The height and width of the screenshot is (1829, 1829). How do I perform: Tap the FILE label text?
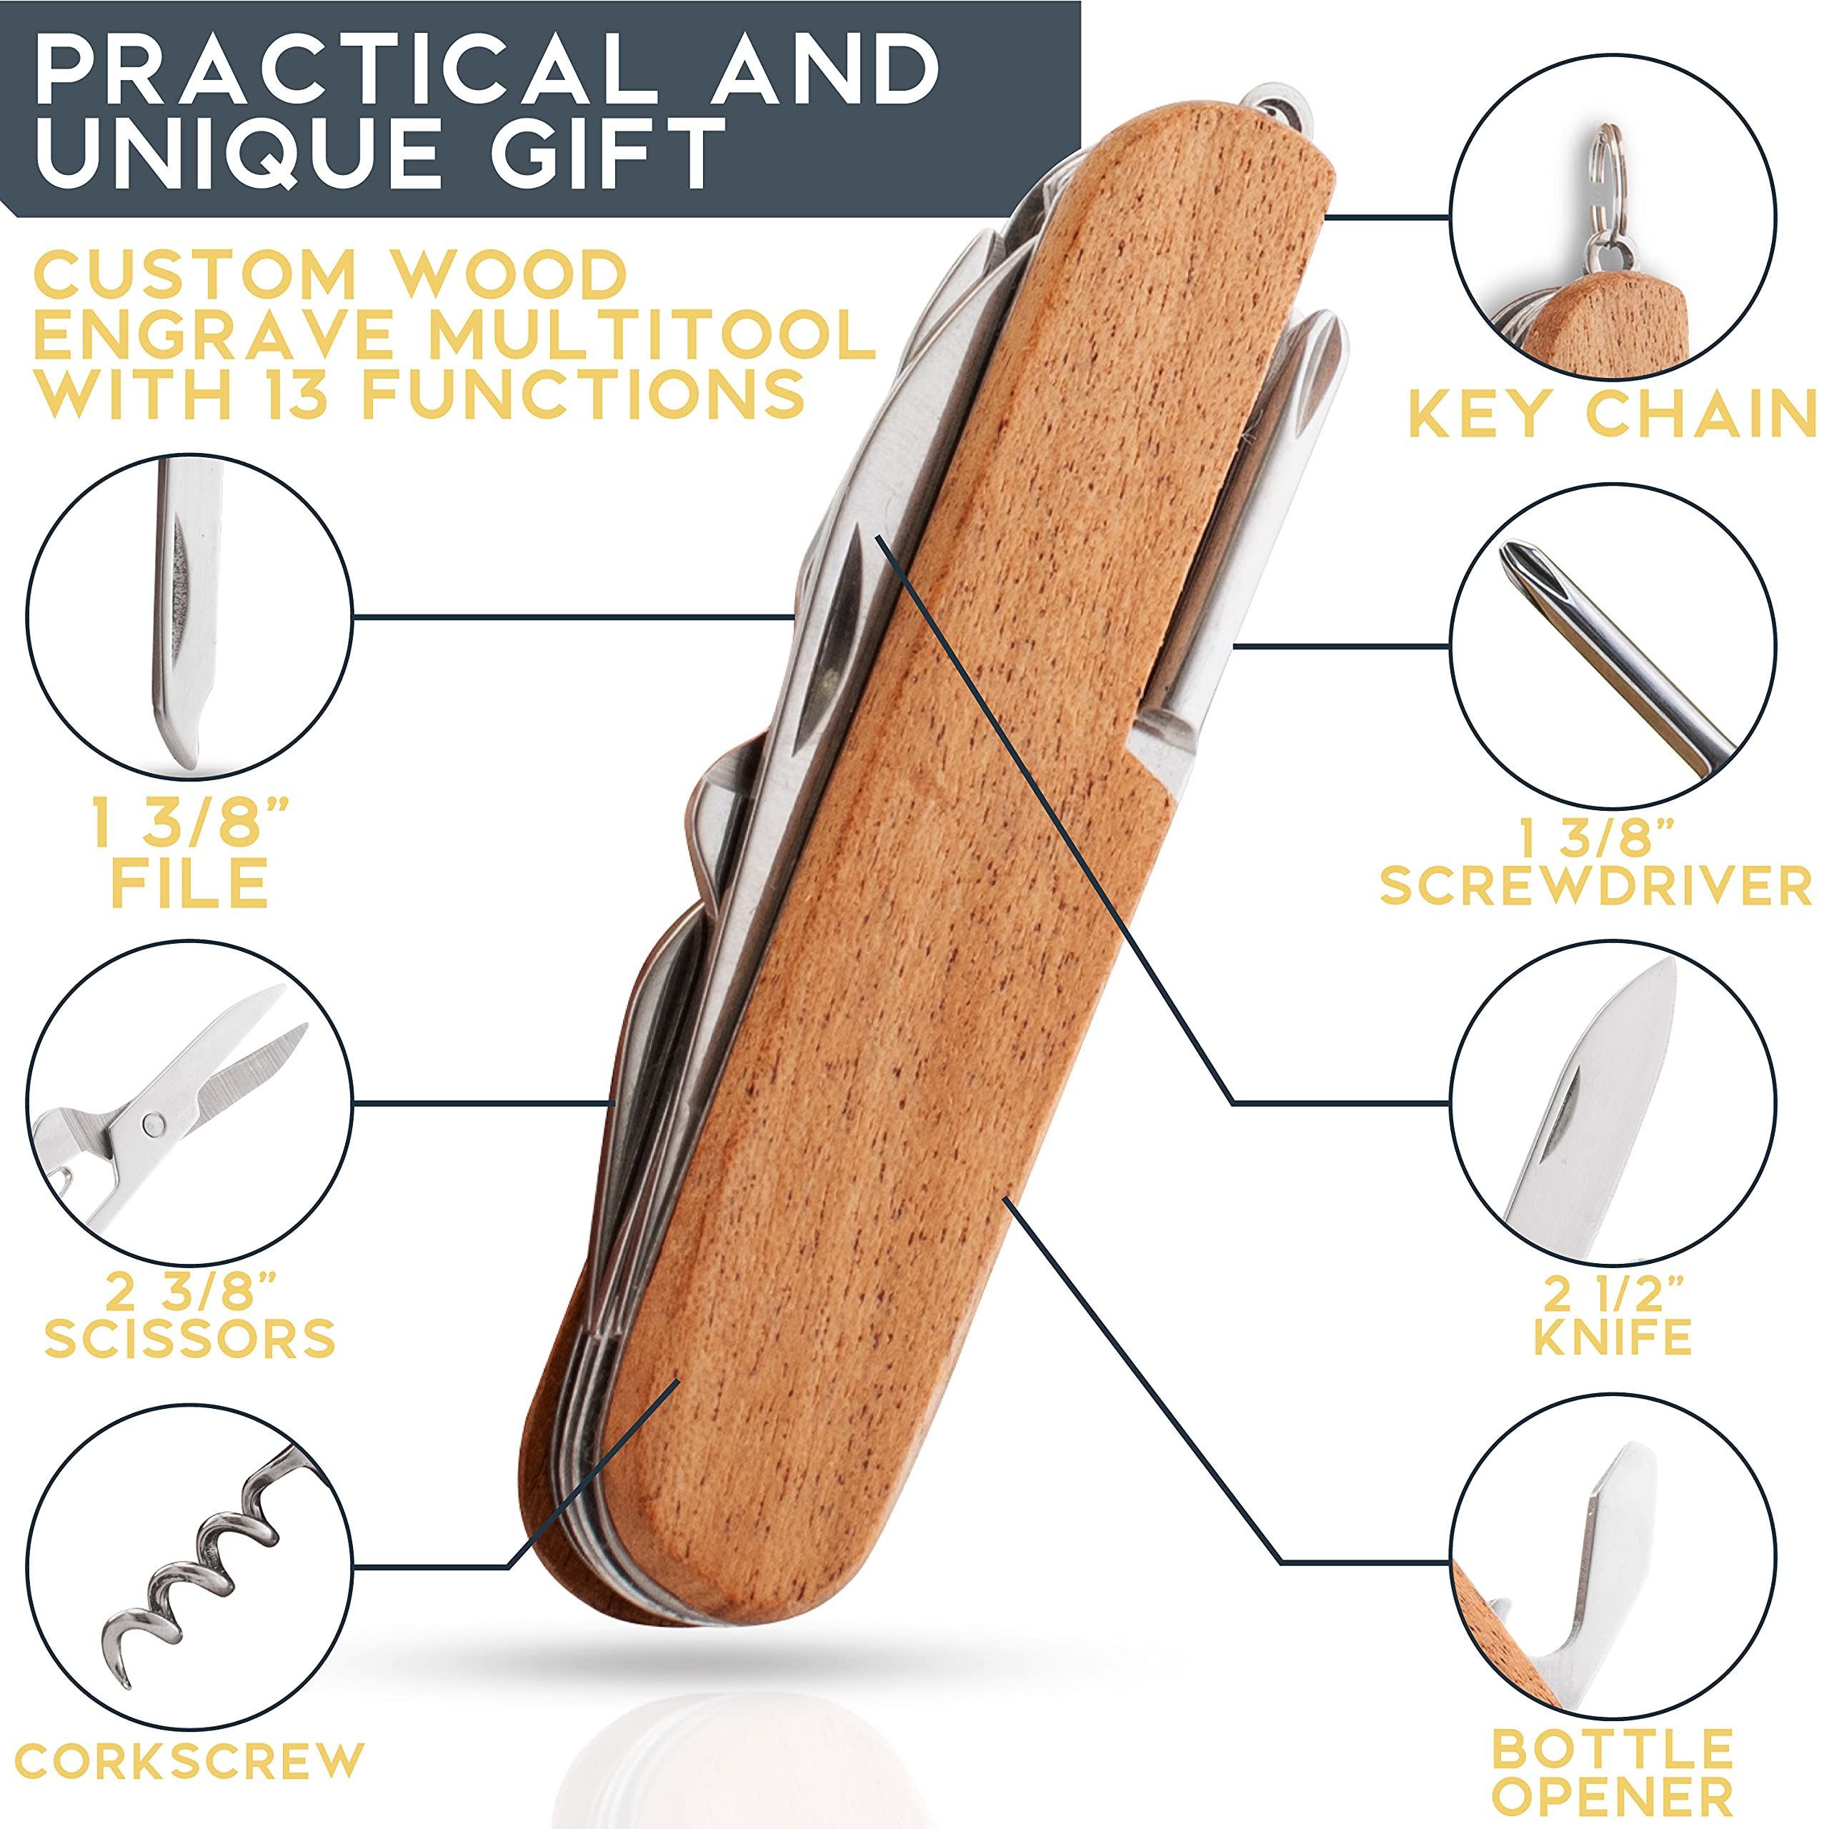[x=190, y=882]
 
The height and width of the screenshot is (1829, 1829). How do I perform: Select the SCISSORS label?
[x=190, y=1339]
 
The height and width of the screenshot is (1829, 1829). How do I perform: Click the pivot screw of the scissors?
[x=152, y=1124]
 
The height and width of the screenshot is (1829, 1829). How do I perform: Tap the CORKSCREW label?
[x=189, y=1761]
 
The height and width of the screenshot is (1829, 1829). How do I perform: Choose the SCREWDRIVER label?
[x=1596, y=886]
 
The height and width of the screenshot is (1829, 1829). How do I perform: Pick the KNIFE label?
[x=1613, y=1337]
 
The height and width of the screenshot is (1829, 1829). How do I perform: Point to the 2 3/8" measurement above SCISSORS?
[x=190, y=1290]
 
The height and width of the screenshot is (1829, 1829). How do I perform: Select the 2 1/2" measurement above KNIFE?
[x=1613, y=1291]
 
